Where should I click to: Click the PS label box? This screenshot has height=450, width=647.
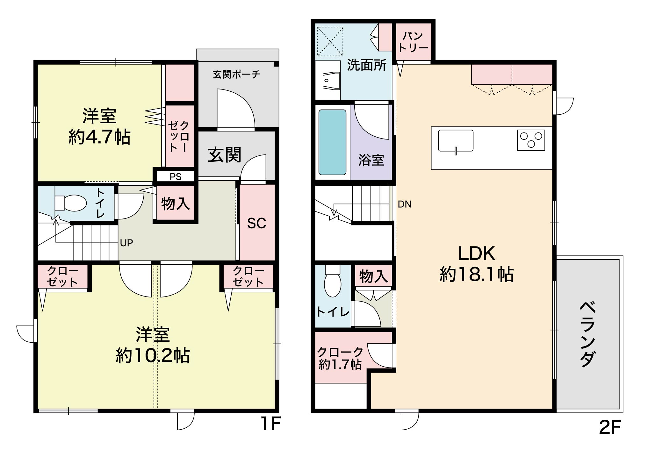point(176,176)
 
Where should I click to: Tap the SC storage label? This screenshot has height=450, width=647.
point(257,224)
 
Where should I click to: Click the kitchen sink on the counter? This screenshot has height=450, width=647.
point(456,141)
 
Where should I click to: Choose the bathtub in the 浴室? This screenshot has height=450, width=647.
point(333,142)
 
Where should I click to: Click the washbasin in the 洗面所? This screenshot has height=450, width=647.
point(331,81)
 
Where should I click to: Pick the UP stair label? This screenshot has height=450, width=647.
point(126,243)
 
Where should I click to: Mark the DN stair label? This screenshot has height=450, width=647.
point(405,204)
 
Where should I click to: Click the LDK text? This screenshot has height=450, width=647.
point(477,254)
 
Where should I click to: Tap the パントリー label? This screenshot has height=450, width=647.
point(413,42)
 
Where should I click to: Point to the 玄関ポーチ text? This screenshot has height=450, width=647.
point(236,75)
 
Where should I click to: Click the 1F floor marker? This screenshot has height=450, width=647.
point(270,424)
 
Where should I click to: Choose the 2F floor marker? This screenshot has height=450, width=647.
point(610,428)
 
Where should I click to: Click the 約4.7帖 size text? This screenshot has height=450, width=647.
point(99,138)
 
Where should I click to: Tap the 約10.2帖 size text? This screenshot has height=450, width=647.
point(153,356)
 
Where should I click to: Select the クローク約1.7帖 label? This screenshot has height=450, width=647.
point(340,358)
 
